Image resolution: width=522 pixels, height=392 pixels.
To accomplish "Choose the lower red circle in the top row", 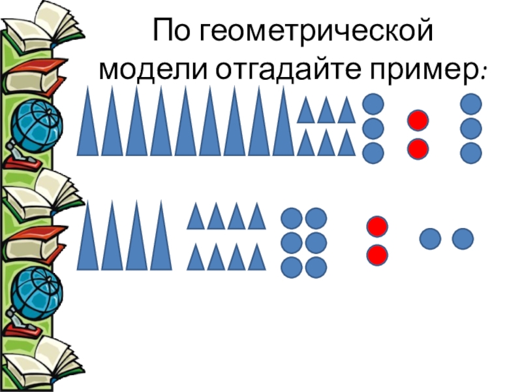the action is pyautogui.click(x=418, y=148).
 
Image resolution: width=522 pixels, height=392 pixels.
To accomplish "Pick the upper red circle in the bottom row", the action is pyautogui.click(x=377, y=227).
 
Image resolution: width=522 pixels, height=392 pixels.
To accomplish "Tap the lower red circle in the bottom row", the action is pyautogui.click(x=377, y=253).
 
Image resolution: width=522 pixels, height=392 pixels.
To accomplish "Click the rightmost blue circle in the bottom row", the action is pyautogui.click(x=463, y=238).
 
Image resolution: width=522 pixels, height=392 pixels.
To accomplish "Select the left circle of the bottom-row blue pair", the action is pyautogui.click(x=431, y=238).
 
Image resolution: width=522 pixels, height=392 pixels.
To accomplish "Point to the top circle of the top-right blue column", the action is pyautogui.click(x=470, y=104).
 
